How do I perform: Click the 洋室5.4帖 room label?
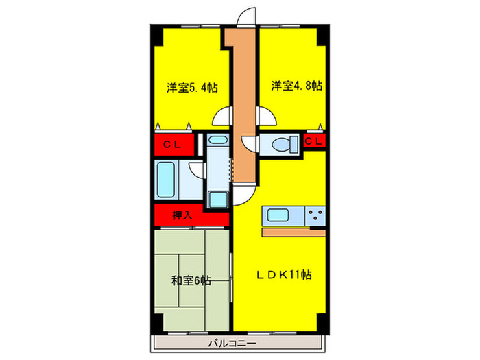(192, 88)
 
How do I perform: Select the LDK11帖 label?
(285, 274)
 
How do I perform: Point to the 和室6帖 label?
(191, 280)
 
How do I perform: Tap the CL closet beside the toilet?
(314, 141)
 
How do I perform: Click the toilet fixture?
(283, 145)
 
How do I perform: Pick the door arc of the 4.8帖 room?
(267, 118)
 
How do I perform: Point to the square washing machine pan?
(218, 199)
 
